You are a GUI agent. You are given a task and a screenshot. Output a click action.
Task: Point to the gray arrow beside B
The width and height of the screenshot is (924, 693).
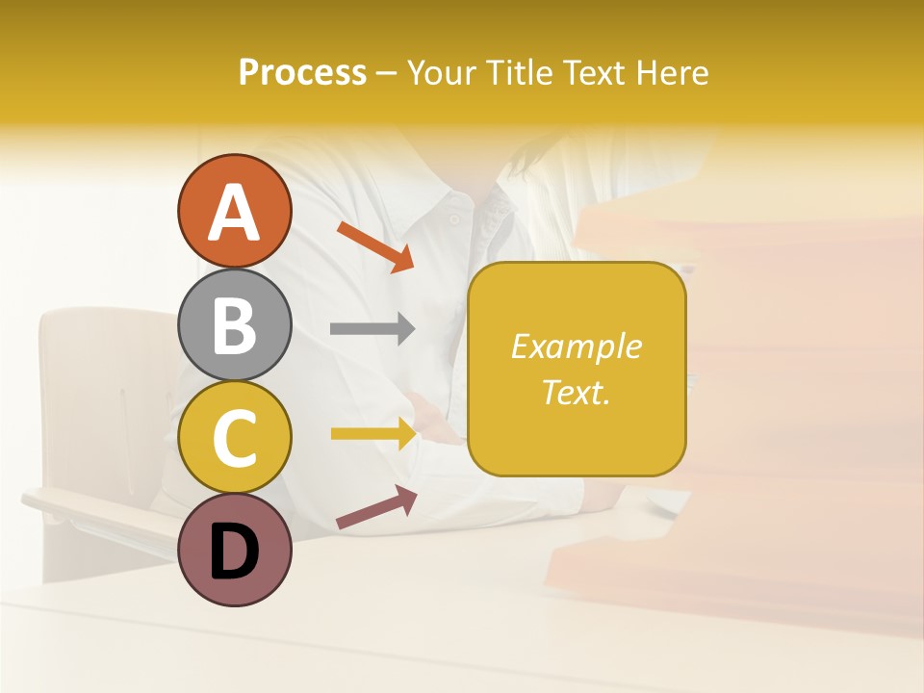pyautogui.click(x=372, y=329)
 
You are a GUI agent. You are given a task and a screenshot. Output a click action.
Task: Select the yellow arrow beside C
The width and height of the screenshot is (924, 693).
pyautogui.click(x=373, y=434)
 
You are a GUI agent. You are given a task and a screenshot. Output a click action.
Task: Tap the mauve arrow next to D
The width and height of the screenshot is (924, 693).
pyautogui.click(x=376, y=507)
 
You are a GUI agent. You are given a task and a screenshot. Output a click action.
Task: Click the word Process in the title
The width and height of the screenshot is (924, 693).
pyautogui.click(x=302, y=73)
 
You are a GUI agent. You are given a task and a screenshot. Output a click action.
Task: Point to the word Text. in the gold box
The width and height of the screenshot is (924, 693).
pyautogui.click(x=576, y=392)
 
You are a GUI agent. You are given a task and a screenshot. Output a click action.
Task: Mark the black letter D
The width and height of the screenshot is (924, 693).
pyautogui.click(x=235, y=552)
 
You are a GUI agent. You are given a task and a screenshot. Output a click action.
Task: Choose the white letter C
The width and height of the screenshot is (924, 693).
pyautogui.click(x=235, y=438)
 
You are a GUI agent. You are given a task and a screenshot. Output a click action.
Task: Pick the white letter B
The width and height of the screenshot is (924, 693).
pyautogui.click(x=235, y=325)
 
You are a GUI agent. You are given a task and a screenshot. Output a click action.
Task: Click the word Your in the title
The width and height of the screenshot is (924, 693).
pyautogui.click(x=442, y=73)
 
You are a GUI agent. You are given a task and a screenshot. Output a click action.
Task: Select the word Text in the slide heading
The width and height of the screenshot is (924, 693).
pyautogui.click(x=595, y=73)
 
